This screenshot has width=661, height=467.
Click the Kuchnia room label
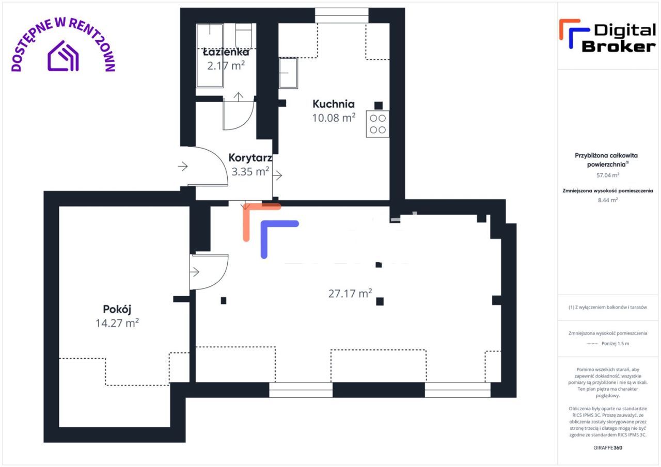pyautogui.click(x=334, y=104)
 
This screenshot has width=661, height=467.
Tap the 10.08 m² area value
pyautogui.click(x=334, y=118)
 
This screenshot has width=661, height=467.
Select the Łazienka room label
pyautogui.click(x=226, y=52)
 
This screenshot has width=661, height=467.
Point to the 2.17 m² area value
pyautogui.click(x=226, y=66)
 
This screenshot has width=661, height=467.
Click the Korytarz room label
pyautogui.click(x=250, y=158)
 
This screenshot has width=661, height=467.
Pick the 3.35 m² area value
pyautogui.click(x=250, y=171)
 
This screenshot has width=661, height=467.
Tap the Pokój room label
pyautogui.click(x=117, y=309)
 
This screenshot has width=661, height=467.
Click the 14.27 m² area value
pyautogui.click(x=117, y=323)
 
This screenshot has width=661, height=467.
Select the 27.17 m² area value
pyautogui.click(x=350, y=294)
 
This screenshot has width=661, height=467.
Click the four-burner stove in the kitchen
pyautogui.click(x=377, y=124)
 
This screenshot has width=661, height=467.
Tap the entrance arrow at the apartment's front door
pyautogui.click(x=183, y=166)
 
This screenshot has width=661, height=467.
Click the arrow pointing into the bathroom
pyautogui.click(x=239, y=97)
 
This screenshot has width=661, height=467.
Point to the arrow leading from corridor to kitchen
pyautogui.click(x=277, y=176)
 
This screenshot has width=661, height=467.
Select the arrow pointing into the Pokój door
pyautogui.click(x=195, y=271)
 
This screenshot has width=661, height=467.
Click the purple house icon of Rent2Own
pyautogui.click(x=63, y=56)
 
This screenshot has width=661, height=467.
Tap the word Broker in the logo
pyautogui.click(x=619, y=46)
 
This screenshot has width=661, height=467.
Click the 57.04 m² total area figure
pyautogui.click(x=608, y=175)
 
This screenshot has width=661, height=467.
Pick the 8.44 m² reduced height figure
pyautogui.click(x=608, y=200)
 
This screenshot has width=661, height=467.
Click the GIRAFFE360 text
pyautogui.click(x=608, y=447)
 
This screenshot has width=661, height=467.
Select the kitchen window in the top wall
pyautogui.click(x=342, y=15)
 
